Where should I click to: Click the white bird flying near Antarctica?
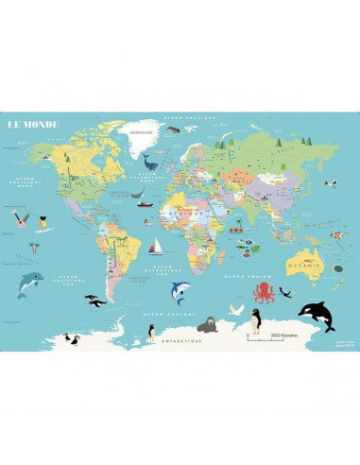click(238, 309)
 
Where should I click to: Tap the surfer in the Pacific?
click(42, 227)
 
